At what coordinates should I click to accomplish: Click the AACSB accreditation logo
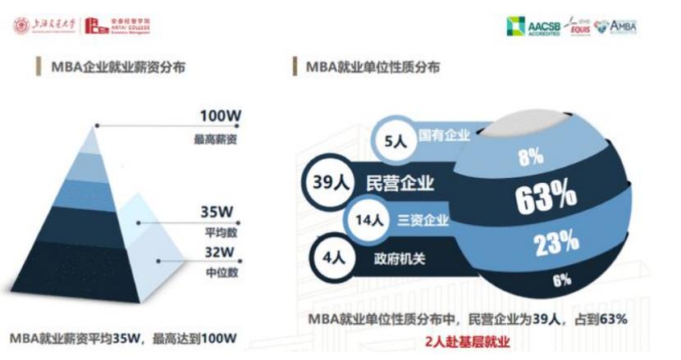pos(533,26)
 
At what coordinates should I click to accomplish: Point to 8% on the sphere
pos(530,157)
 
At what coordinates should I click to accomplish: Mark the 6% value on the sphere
pos(561,280)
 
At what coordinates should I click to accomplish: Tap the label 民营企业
pos(400,182)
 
